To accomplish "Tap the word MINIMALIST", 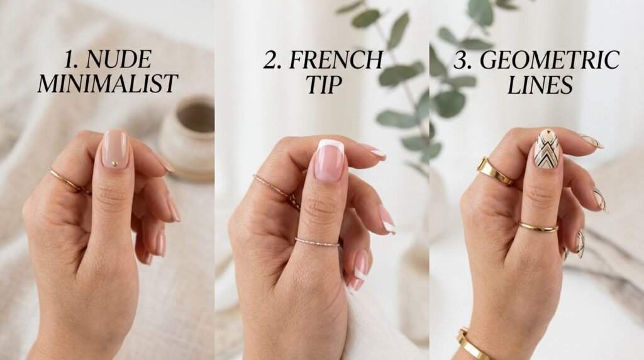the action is click(x=108, y=84).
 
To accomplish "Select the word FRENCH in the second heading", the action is click(x=336, y=60).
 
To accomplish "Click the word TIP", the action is click(x=324, y=85).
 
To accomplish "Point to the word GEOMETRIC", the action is click(x=550, y=60).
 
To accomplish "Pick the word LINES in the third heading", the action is click(x=540, y=85).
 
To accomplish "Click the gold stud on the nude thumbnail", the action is click(x=115, y=164).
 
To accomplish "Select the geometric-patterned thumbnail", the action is click(x=547, y=149).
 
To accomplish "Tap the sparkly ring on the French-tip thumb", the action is click(x=317, y=242).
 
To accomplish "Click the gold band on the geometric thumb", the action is click(x=538, y=227).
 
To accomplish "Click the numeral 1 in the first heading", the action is click(x=71, y=60).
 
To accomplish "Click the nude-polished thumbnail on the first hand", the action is click(x=115, y=149).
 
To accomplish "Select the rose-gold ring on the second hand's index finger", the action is click(x=277, y=191).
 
